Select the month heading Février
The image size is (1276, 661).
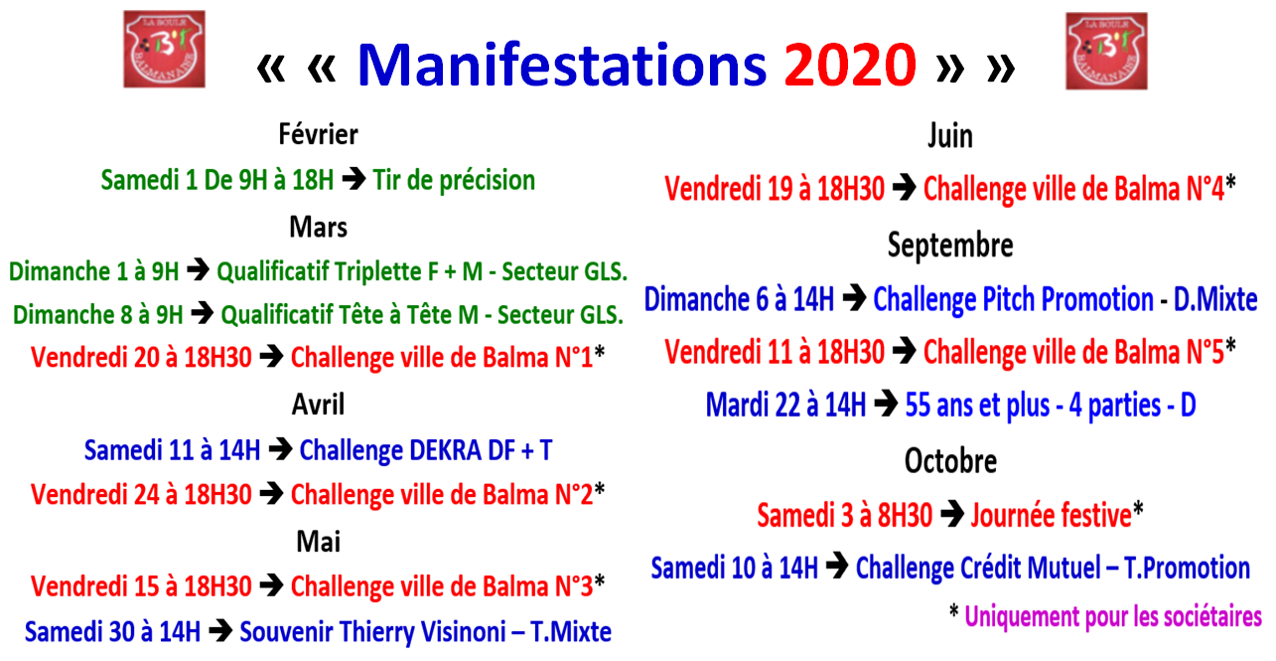[x=318, y=134]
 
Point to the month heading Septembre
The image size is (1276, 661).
[x=950, y=245]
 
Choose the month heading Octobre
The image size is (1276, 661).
[x=950, y=461]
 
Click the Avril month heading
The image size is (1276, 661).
[x=318, y=405]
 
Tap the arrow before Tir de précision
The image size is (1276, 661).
[x=354, y=180]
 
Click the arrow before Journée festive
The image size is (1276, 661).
[x=951, y=515]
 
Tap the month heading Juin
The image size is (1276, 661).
[x=950, y=136]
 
